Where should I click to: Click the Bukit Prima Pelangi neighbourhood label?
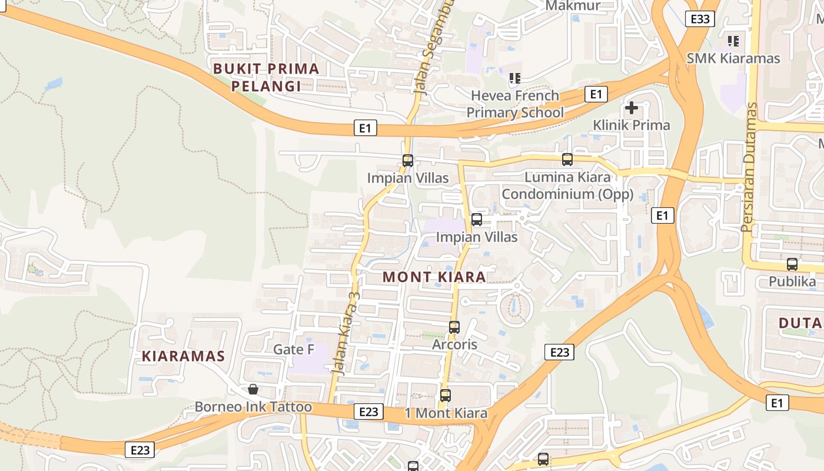266,77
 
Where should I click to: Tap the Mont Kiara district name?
434,277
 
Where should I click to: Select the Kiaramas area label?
183,356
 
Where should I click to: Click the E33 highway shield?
700,19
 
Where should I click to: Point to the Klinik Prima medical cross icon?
632,108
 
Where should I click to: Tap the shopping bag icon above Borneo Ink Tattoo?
253,389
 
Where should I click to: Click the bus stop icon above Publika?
792,264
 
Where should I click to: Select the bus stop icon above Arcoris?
454,327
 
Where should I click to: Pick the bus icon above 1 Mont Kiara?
446,396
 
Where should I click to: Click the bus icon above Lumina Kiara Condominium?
567,159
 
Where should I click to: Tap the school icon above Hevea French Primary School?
515,78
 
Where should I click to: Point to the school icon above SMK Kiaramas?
733,41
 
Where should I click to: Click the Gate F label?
294,349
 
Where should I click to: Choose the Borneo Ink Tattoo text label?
253,407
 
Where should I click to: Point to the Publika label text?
792,281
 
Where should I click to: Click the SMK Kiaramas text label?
733,58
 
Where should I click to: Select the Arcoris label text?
454,344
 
